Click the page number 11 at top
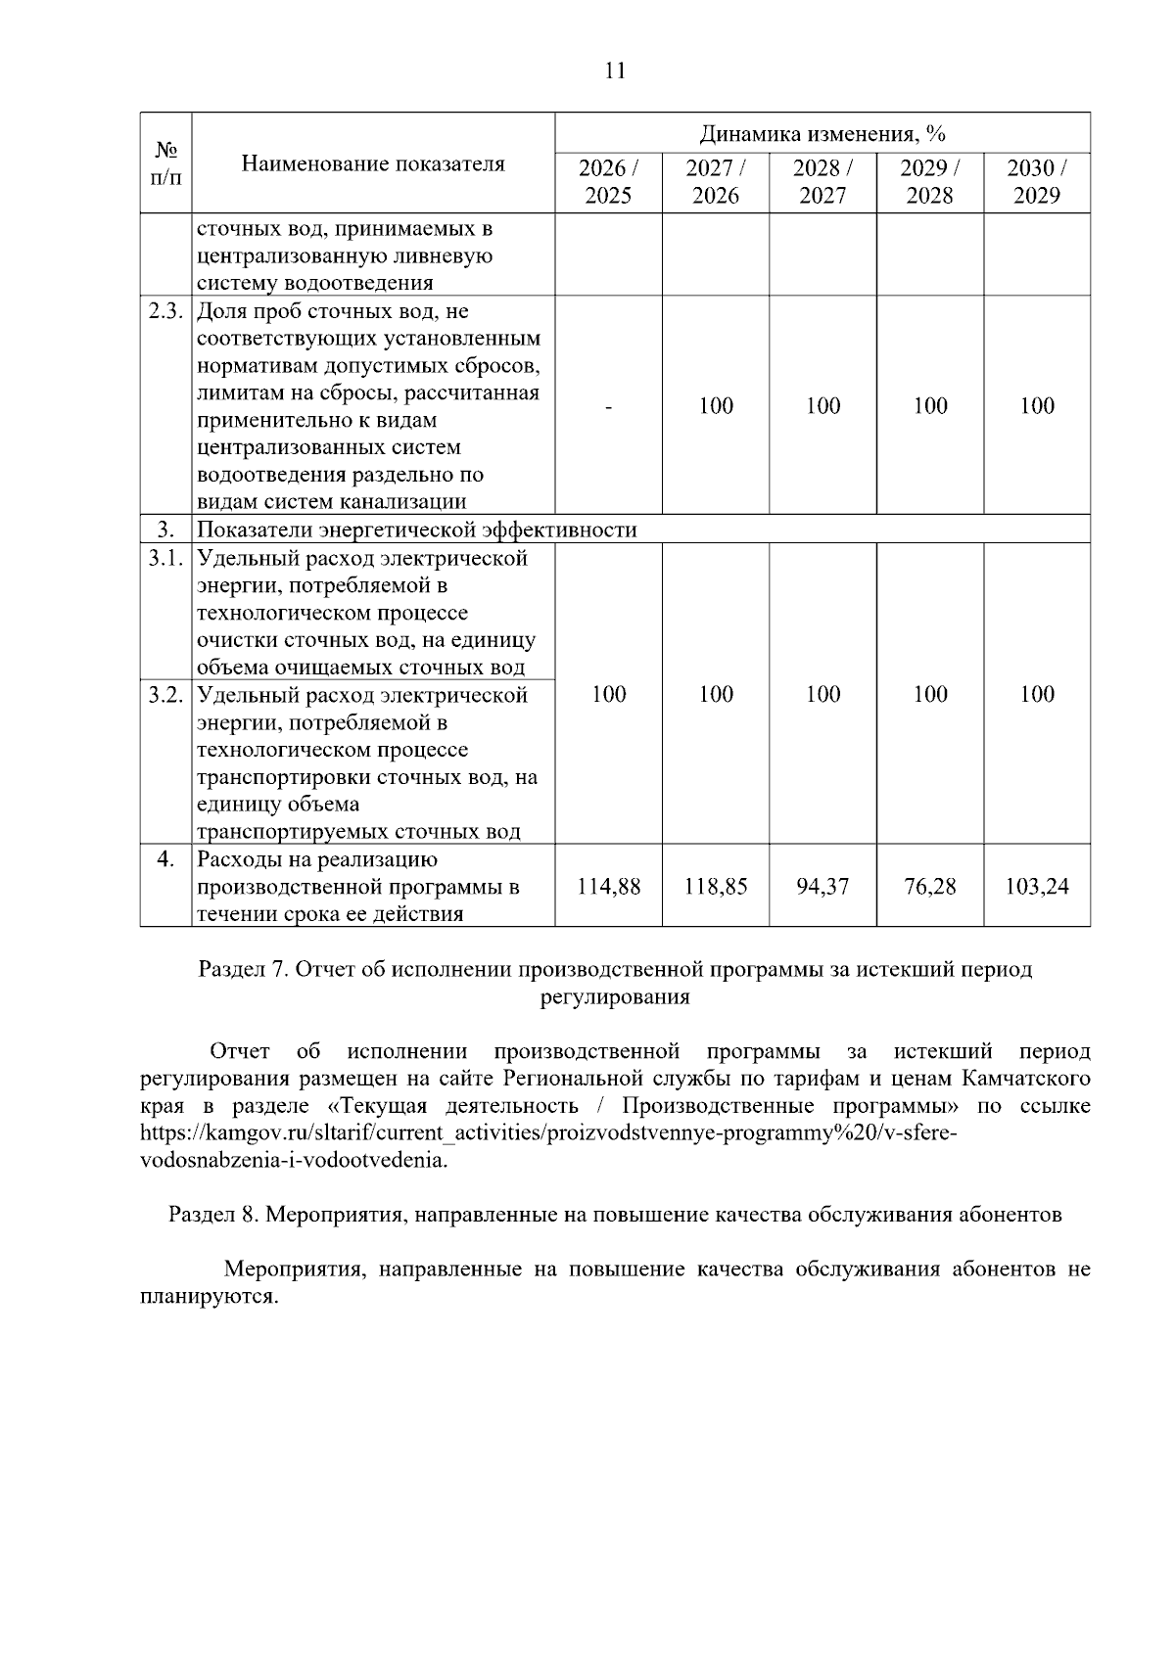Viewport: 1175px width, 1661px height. pyautogui.click(x=615, y=70)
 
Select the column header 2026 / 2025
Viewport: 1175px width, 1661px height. pyautogui.click(x=608, y=182)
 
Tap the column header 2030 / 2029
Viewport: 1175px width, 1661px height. pyautogui.click(x=1036, y=182)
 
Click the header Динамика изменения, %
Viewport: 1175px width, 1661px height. pyautogui.click(x=822, y=133)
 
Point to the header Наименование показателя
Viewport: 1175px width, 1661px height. pyautogui.click(x=373, y=163)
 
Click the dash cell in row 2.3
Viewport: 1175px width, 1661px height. pyautogui.click(x=608, y=406)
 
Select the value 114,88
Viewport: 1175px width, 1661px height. pyautogui.click(x=608, y=887)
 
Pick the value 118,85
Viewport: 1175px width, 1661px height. pyautogui.click(x=716, y=887)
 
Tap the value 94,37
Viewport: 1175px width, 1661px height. pyautogui.click(x=822, y=887)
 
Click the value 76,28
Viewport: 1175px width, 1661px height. pyautogui.click(x=929, y=887)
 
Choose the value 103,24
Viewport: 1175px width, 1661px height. pyautogui.click(x=1036, y=887)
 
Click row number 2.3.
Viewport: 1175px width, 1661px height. pyautogui.click(x=165, y=312)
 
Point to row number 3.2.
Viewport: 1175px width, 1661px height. pyautogui.click(x=165, y=695)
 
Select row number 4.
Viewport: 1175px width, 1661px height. pyautogui.click(x=165, y=859)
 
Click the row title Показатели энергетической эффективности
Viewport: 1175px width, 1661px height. pyautogui.click(x=417, y=531)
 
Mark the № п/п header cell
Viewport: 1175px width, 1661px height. pyautogui.click(x=165, y=163)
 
